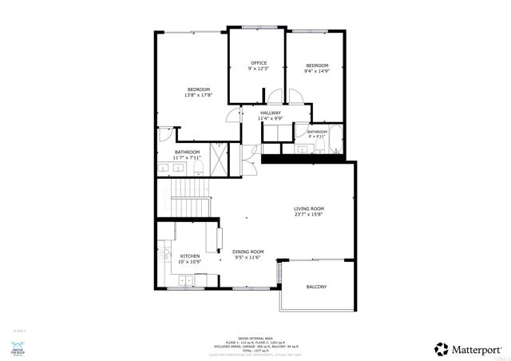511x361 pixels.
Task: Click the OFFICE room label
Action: tap(259, 62)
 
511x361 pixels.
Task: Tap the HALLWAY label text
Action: tap(271, 113)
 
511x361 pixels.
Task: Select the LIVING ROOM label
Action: tap(308, 209)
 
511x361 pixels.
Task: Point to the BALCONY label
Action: tap(317, 287)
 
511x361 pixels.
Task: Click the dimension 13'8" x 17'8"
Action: tap(198, 95)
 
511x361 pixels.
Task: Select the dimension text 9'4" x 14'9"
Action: tap(317, 72)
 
